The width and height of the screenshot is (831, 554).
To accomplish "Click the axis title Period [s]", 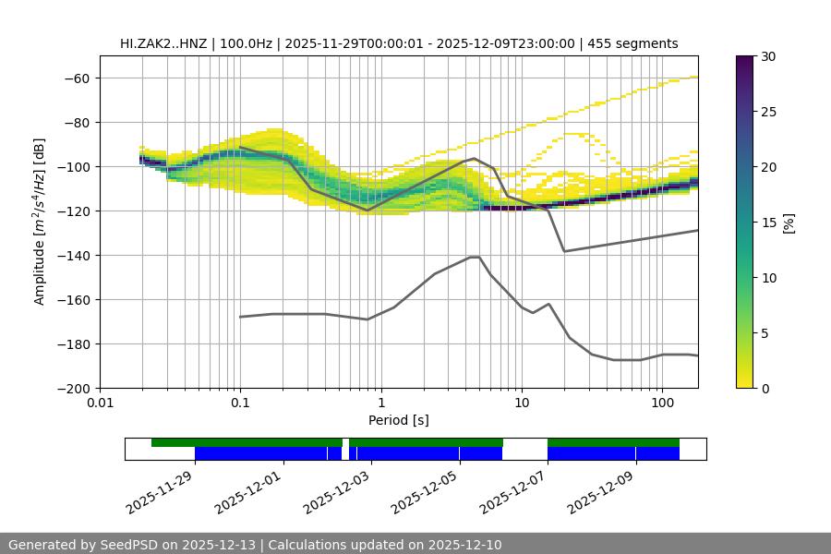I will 398,420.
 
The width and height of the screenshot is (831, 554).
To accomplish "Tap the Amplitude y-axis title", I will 39,222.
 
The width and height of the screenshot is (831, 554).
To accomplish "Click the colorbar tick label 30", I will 768,56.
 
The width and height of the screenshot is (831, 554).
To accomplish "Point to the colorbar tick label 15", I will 768,223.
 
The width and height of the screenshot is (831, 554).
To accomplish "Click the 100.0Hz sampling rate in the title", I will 247,43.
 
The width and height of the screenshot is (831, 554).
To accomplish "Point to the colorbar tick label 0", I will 765,388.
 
